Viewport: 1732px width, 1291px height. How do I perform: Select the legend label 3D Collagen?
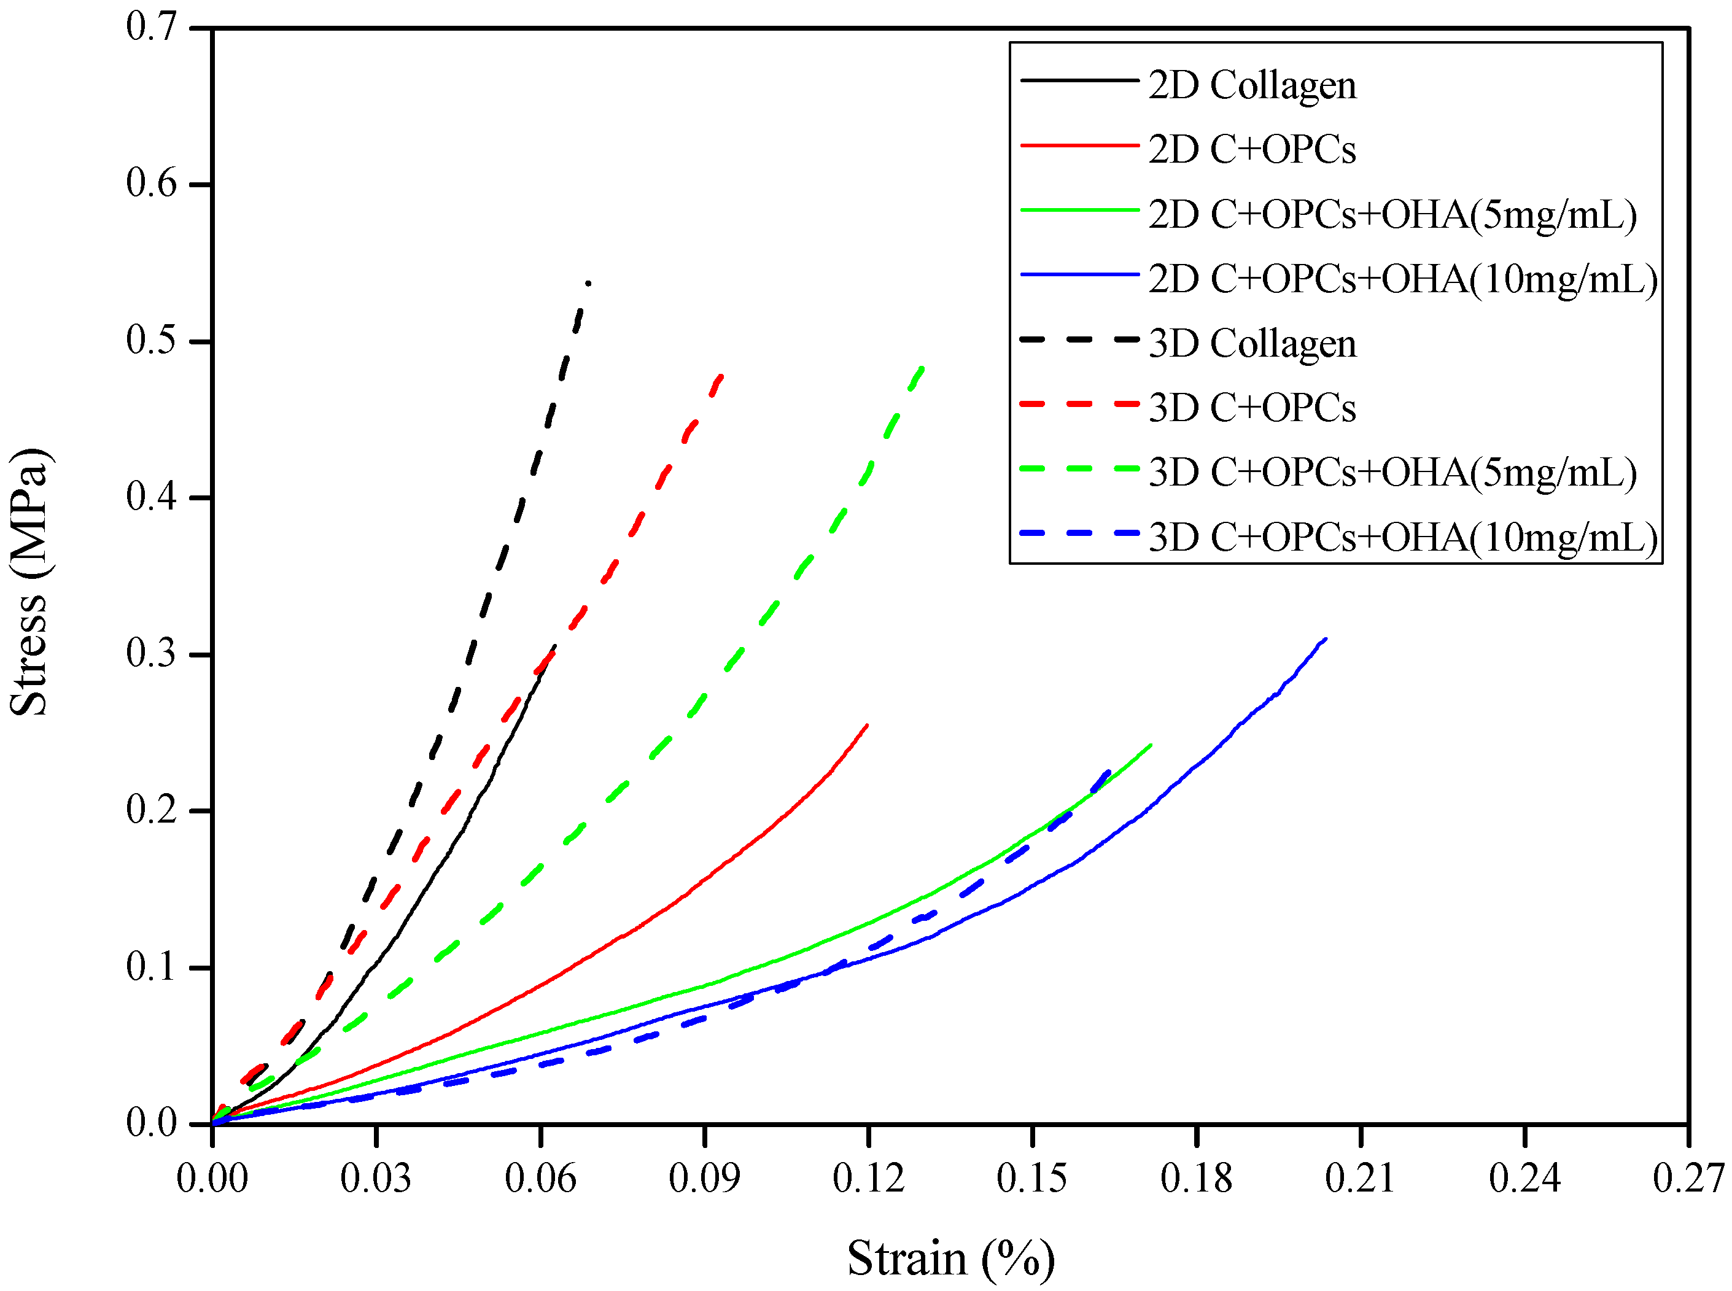pyautogui.click(x=1251, y=343)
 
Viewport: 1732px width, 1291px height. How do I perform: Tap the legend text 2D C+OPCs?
pyautogui.click(x=1251, y=149)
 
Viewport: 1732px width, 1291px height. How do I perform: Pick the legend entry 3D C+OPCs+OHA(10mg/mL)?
pyautogui.click(x=1403, y=537)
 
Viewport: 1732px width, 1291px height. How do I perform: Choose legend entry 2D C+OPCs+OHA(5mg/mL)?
pyautogui.click(x=1392, y=214)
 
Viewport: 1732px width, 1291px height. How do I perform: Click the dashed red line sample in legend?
pyautogui.click(x=1079, y=404)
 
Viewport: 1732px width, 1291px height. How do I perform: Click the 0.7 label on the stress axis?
pyautogui.click(x=152, y=28)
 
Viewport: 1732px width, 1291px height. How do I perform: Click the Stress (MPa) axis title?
pyautogui.click(x=29, y=582)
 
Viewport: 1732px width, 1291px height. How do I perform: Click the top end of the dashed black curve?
pyautogui.click(x=588, y=283)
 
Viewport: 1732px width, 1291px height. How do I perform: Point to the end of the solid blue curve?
pyautogui.click(x=1326, y=639)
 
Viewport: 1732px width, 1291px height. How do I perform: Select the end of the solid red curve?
pyautogui.click(x=868, y=724)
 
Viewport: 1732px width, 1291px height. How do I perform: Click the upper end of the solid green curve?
pyautogui.click(x=1151, y=745)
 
